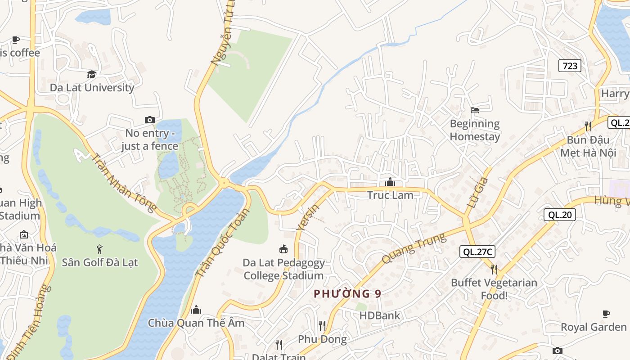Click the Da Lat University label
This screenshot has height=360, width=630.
[92, 87]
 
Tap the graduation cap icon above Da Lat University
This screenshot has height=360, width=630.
[92, 74]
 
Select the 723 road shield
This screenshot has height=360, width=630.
[570, 66]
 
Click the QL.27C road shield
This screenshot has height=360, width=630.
[477, 252]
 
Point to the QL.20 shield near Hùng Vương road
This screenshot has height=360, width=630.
[560, 215]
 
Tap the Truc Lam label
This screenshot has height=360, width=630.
[390, 195]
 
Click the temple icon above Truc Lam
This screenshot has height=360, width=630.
[390, 182]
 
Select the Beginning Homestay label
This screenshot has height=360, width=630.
[475, 130]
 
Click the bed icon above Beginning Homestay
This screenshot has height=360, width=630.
[475, 110]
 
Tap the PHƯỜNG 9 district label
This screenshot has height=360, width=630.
[347, 294]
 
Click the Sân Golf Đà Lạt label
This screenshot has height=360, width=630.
[99, 262]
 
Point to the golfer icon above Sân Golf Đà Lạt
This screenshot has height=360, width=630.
[99, 249]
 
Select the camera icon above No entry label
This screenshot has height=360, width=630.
[150, 120]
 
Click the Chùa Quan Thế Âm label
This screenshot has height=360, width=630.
[196, 323]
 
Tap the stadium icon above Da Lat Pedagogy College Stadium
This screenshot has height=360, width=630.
[283, 249]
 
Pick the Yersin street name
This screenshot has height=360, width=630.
[308, 218]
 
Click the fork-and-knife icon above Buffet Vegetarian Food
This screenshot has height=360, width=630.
[494, 269]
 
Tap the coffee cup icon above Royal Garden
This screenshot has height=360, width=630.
[606, 314]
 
